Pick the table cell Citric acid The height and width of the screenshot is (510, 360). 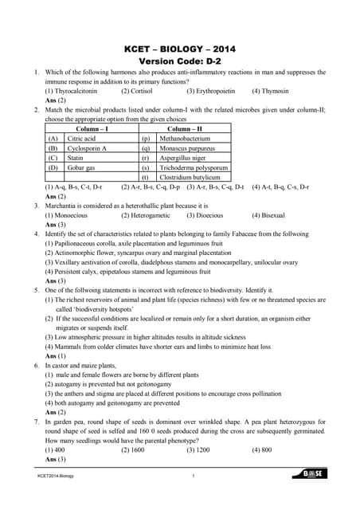[x=84, y=139]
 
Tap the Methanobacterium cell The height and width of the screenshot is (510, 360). [x=186, y=139]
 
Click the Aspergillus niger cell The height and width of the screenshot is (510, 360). [x=182, y=158]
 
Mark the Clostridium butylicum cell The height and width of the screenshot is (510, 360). [x=190, y=177]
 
